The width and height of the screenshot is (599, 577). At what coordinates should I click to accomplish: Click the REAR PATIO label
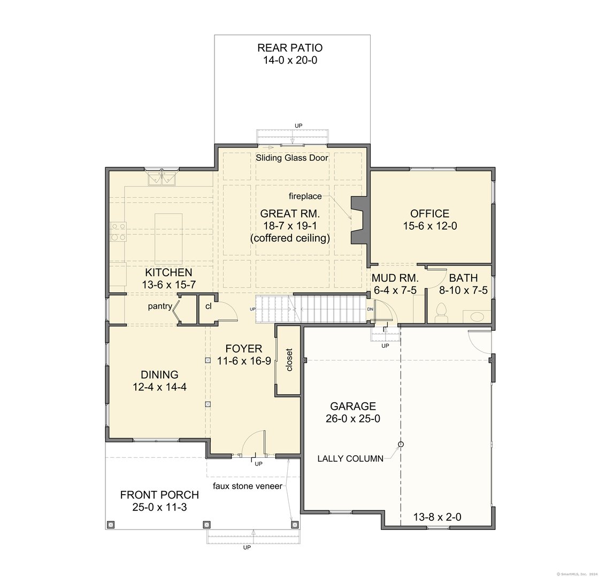click(290, 48)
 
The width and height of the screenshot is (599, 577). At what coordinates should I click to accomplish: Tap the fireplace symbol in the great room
click(360, 220)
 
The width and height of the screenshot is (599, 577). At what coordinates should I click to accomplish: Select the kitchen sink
click(162, 178)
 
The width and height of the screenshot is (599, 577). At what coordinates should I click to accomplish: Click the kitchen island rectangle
click(168, 239)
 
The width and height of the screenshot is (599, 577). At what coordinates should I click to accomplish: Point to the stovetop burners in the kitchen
click(118, 232)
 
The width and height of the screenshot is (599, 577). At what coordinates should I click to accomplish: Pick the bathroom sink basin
click(477, 316)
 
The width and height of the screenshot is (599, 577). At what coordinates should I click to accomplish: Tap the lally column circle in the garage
click(401, 444)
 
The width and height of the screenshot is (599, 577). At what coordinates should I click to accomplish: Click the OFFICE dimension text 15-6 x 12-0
click(430, 226)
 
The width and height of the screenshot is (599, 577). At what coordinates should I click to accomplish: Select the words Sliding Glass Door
click(292, 158)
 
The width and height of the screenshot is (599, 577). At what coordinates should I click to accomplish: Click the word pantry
click(160, 307)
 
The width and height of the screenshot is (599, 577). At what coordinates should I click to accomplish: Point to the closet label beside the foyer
click(289, 360)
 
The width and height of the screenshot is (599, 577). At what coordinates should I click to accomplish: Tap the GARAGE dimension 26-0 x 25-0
click(353, 419)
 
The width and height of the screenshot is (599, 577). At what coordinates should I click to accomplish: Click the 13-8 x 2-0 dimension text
click(437, 517)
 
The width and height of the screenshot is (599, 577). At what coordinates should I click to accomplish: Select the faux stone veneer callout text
click(248, 486)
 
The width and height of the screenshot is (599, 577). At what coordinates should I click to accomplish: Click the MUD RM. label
click(395, 278)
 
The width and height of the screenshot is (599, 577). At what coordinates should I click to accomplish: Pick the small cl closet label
click(208, 306)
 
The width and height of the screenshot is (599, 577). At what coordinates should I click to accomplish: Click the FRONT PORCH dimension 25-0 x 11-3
click(160, 507)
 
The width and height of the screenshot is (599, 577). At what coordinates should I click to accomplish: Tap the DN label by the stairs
click(370, 309)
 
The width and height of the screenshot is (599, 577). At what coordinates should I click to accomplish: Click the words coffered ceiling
click(290, 238)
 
